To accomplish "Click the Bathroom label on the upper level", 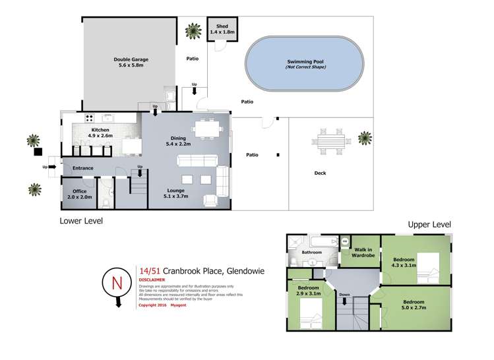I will coord(311,252).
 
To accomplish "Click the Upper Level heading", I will coord(429,225).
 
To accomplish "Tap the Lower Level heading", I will coord(81,221).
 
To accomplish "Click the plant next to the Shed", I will coord(193,30).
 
